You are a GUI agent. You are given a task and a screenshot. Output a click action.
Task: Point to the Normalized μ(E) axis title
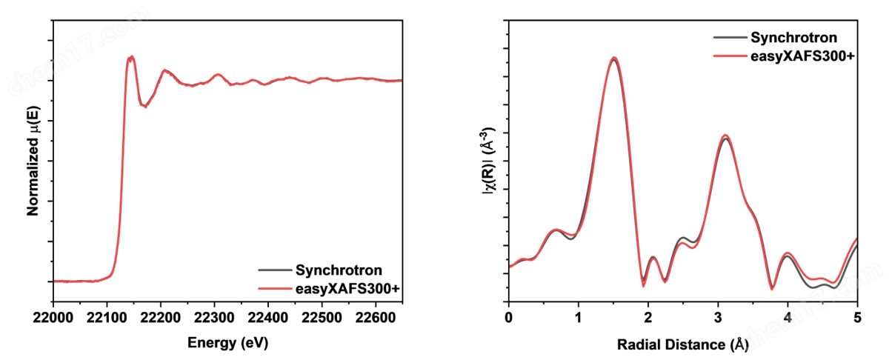(33, 160)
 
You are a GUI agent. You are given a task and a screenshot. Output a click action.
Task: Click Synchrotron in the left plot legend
(339, 270)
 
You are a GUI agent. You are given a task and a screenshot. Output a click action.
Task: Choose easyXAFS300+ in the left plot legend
(347, 287)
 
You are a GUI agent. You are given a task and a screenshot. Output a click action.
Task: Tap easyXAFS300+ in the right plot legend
(802, 55)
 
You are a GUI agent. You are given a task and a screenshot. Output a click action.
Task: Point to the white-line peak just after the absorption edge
(130, 57)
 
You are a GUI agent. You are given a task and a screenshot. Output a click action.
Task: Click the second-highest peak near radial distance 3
(725, 136)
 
